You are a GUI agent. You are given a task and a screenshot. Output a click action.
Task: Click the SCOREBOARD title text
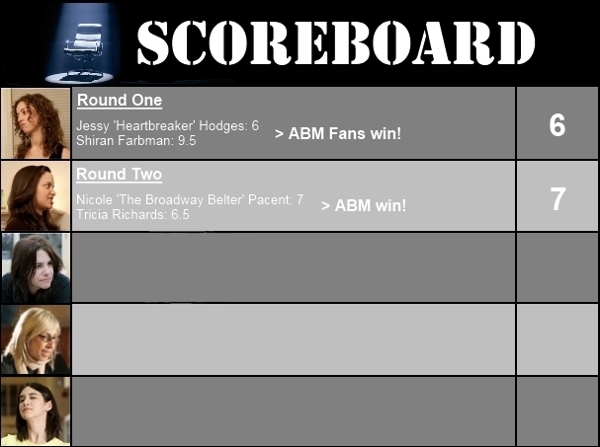point(336,42)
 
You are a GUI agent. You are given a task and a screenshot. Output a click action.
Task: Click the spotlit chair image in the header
point(82,43)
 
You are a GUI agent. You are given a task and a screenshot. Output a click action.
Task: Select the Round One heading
point(120,101)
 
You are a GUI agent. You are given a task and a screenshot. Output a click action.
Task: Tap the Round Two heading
point(119,175)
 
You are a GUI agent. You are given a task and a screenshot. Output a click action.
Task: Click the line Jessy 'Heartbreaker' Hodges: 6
point(168,125)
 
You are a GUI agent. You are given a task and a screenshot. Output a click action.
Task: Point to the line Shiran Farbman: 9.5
point(136,140)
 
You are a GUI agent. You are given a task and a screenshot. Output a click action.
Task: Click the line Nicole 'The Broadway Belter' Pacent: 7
point(190,199)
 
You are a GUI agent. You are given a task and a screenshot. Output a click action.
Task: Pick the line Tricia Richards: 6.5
point(132,214)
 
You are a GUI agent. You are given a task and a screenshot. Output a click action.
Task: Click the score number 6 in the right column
point(557,125)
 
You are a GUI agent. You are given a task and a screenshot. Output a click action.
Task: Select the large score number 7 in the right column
point(557,199)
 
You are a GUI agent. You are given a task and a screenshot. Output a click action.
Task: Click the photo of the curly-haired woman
point(36,123)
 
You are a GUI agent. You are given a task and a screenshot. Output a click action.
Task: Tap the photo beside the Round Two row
point(36,196)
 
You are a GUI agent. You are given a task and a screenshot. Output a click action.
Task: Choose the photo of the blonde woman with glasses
point(36,339)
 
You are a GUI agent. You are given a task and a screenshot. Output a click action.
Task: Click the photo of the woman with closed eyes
point(36,411)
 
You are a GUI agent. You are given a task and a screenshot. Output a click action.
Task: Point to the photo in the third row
point(36,267)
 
